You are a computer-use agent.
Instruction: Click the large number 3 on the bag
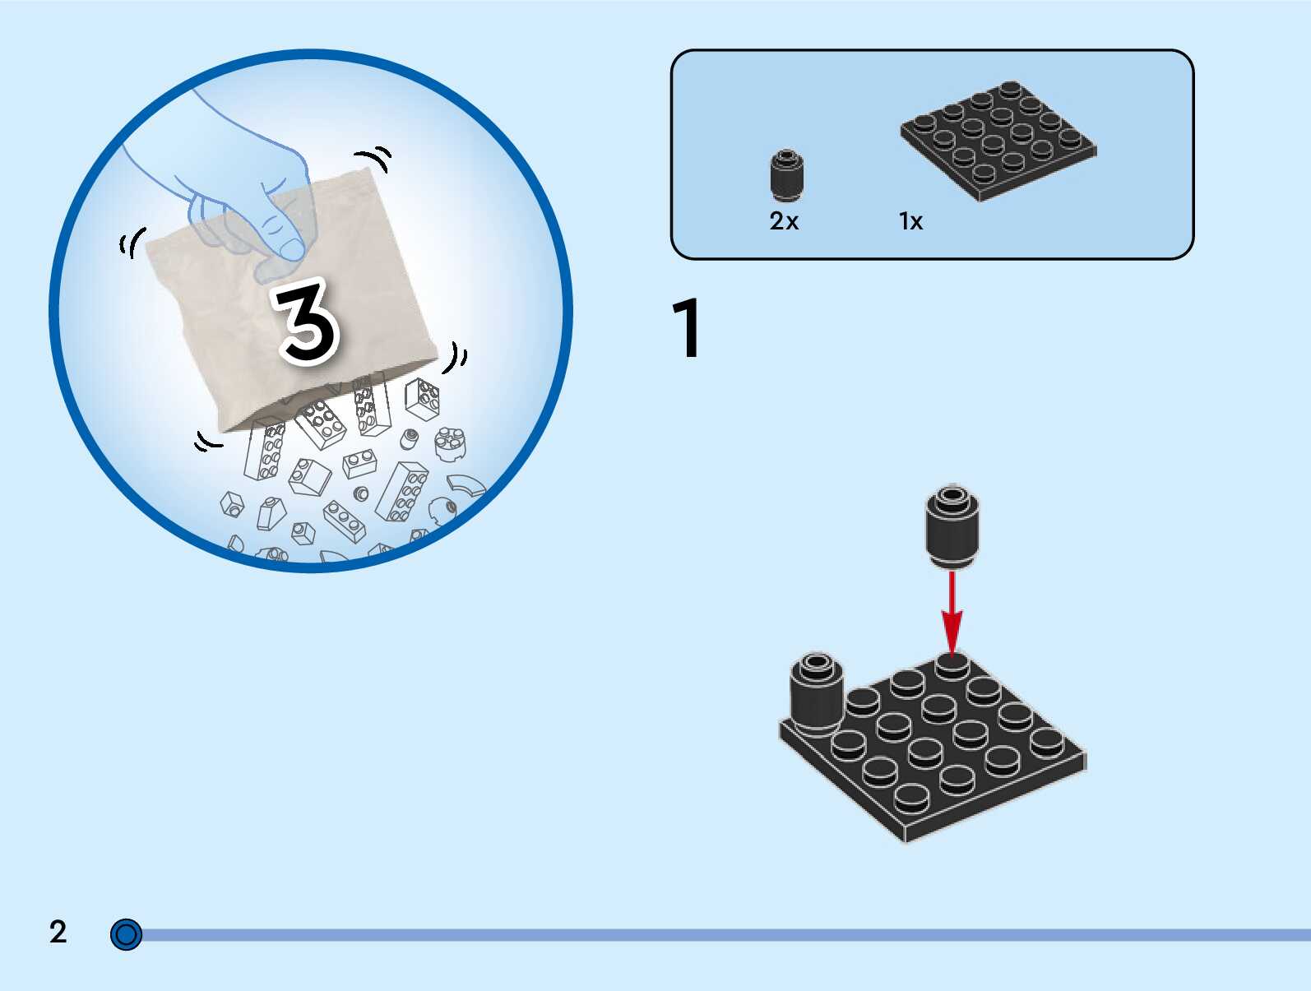[306, 322]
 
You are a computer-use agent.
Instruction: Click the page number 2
[58, 932]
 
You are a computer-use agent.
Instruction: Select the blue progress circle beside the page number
[126, 935]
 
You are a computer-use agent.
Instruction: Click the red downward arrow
[952, 613]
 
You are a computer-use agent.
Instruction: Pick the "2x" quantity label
[784, 221]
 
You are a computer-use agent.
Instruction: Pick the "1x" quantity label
[910, 221]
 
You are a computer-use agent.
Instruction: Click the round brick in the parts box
[786, 174]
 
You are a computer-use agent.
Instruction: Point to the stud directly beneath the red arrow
[952, 665]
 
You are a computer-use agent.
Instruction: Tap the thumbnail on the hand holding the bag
[291, 248]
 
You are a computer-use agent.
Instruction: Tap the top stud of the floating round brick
[952, 496]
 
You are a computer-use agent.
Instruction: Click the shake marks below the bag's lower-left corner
[207, 442]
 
